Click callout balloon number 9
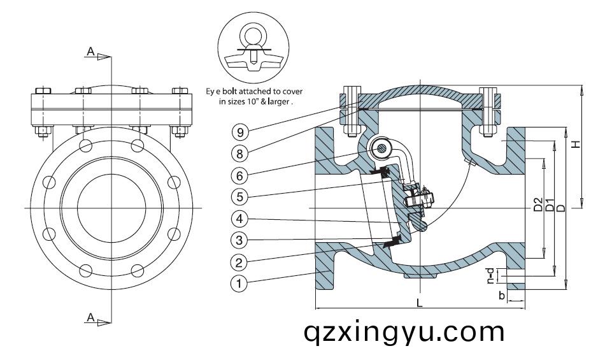pos(239,133)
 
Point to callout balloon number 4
pos(239,219)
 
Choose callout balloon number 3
pos(239,240)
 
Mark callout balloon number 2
pos(239,262)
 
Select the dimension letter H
pos(576,145)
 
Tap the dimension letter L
pos(420,303)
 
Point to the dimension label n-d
pos(490,276)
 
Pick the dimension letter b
pos(502,296)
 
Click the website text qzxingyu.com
pos(404,331)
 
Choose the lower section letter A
pos(91,317)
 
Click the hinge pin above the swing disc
pos(381,148)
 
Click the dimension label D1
pos(550,205)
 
